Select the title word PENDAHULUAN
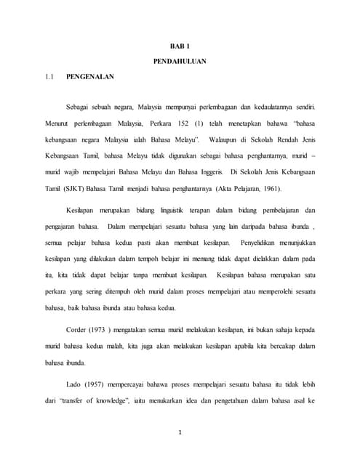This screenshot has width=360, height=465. click(180, 61)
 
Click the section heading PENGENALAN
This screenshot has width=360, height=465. click(90, 75)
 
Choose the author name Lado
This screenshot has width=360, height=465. click(73, 383)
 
